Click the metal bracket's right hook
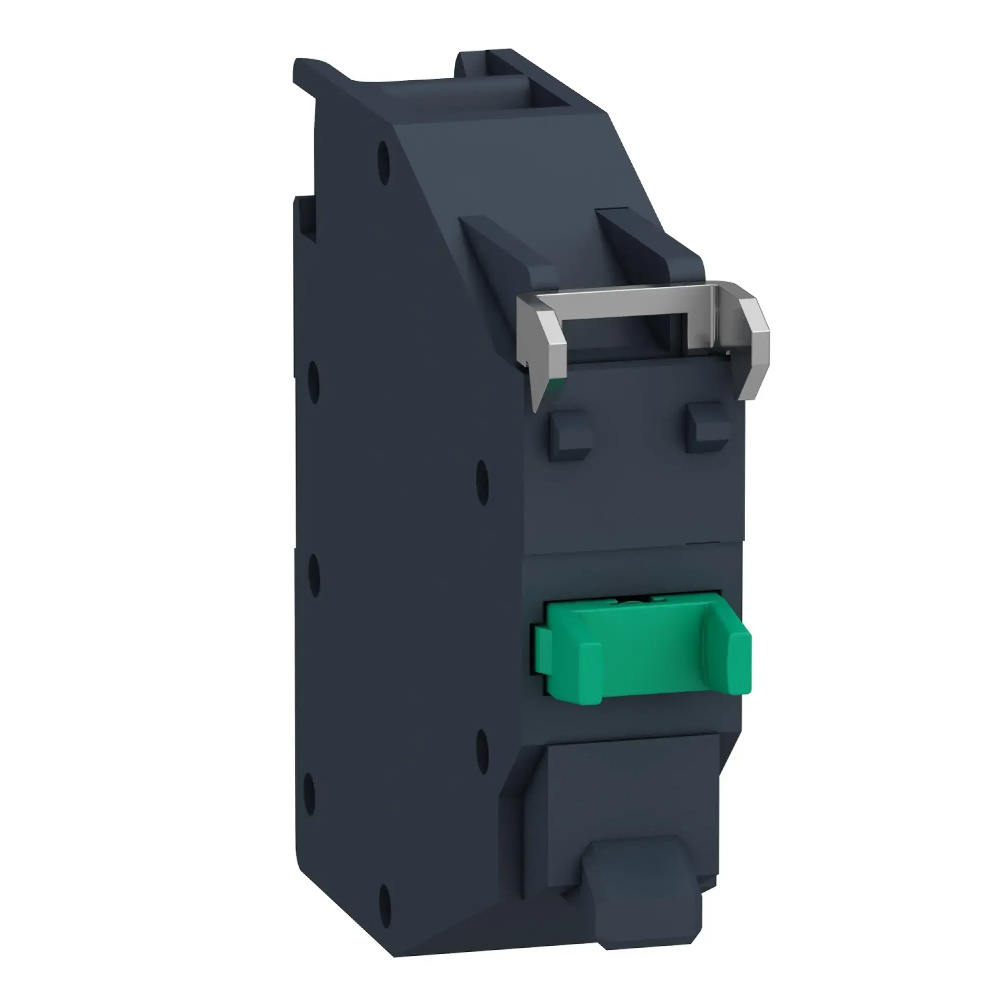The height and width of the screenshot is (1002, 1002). click(755, 348)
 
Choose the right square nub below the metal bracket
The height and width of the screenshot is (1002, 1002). click(708, 429)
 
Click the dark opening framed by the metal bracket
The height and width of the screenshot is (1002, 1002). click(622, 332)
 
